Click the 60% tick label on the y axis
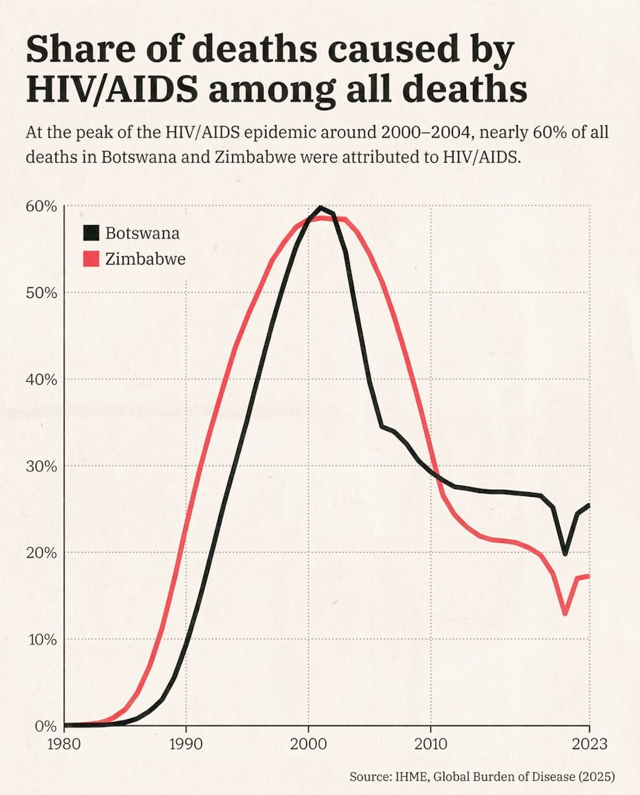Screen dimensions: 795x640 pos(42,207)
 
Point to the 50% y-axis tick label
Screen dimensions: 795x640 pos(42,293)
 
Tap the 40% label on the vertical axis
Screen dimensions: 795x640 pos(42,380)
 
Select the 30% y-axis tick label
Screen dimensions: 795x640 pos(42,467)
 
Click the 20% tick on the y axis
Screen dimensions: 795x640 pos(42,554)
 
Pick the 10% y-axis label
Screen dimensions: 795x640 pos(42,640)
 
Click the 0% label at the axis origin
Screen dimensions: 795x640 pos(46,727)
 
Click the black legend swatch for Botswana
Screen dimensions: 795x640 pos(92,233)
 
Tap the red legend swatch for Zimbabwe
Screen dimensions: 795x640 pos(92,259)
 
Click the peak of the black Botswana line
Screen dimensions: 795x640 pos(320,207)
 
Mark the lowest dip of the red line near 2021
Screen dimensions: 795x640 pos(565,614)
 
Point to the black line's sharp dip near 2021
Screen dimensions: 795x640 pos(565,554)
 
